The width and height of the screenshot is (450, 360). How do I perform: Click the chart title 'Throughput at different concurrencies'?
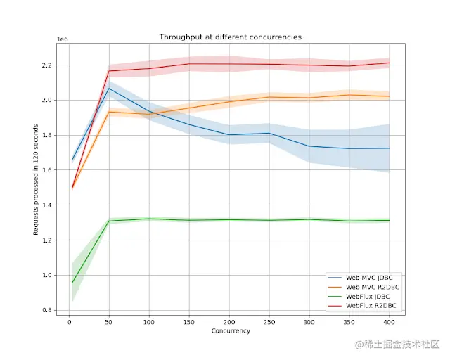click(x=231, y=37)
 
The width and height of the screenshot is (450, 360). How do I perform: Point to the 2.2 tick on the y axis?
click(x=47, y=65)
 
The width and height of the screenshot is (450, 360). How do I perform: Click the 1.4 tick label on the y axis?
click(x=47, y=205)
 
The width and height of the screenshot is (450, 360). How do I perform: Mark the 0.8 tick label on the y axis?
click(x=47, y=310)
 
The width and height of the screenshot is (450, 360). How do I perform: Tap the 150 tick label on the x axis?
click(x=189, y=323)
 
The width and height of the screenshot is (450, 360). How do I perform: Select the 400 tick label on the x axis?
click(x=389, y=323)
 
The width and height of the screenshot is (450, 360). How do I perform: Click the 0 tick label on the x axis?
click(x=69, y=323)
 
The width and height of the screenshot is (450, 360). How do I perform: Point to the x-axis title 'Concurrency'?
click(x=231, y=331)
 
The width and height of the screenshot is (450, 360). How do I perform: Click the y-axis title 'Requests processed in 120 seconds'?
click(x=36, y=180)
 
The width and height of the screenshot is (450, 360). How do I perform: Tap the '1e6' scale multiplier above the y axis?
click(x=63, y=39)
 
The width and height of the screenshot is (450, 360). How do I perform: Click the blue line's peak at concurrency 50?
click(x=109, y=89)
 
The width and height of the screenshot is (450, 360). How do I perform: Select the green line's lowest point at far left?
click(x=72, y=283)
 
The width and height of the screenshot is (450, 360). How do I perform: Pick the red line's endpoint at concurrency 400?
click(x=389, y=63)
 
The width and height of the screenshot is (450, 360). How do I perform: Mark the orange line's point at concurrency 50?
click(x=109, y=112)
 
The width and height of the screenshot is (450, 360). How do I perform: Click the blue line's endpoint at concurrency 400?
click(x=389, y=148)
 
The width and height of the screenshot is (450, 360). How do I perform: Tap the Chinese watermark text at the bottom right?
click(x=398, y=345)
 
